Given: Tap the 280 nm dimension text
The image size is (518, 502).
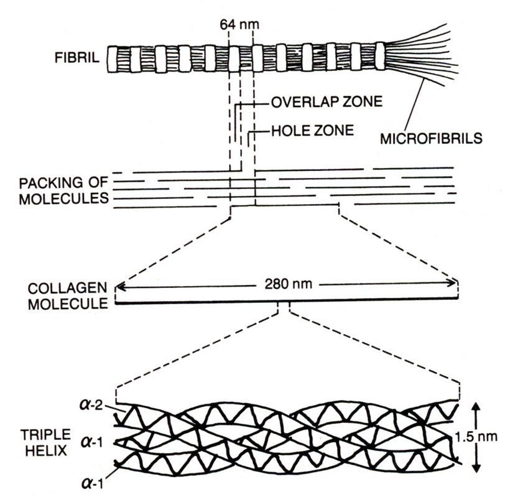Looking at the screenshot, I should tap(287, 286).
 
